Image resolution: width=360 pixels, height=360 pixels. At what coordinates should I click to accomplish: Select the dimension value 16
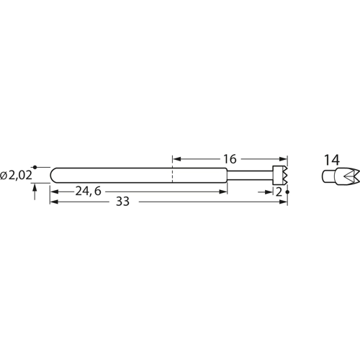coord(230,158)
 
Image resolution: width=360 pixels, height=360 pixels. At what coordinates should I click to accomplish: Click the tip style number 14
coord(332,159)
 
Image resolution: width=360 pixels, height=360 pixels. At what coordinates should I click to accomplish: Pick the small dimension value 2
coord(279,192)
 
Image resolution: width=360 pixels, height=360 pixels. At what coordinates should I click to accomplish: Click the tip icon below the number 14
coord(333,176)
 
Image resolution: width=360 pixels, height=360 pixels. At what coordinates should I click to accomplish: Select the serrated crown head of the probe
coord(280,175)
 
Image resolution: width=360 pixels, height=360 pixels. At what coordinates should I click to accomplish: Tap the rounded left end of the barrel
coord(54,175)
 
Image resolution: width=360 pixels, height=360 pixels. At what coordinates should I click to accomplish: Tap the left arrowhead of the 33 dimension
coord(53,203)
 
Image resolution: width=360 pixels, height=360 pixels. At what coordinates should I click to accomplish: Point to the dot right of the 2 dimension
coord(287,192)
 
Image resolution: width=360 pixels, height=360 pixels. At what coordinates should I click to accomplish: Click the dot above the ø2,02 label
coord(35,167)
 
